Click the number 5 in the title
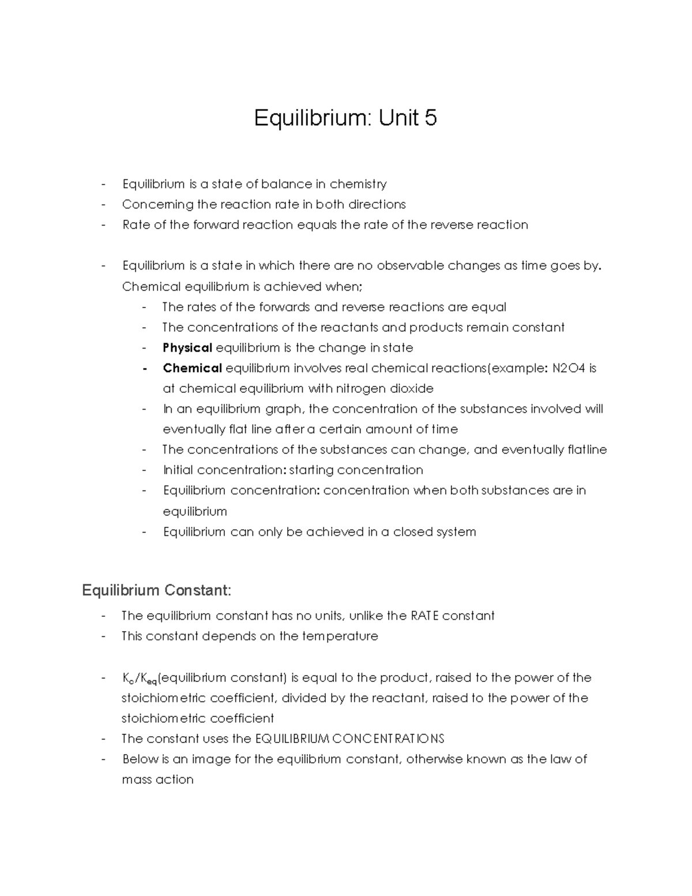(x=430, y=118)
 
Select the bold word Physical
(x=187, y=348)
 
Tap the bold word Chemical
(x=192, y=368)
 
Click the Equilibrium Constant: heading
(x=156, y=590)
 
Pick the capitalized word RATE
(x=425, y=616)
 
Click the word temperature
(x=344, y=636)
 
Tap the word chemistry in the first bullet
(x=358, y=184)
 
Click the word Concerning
(x=157, y=204)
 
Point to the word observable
(x=410, y=265)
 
